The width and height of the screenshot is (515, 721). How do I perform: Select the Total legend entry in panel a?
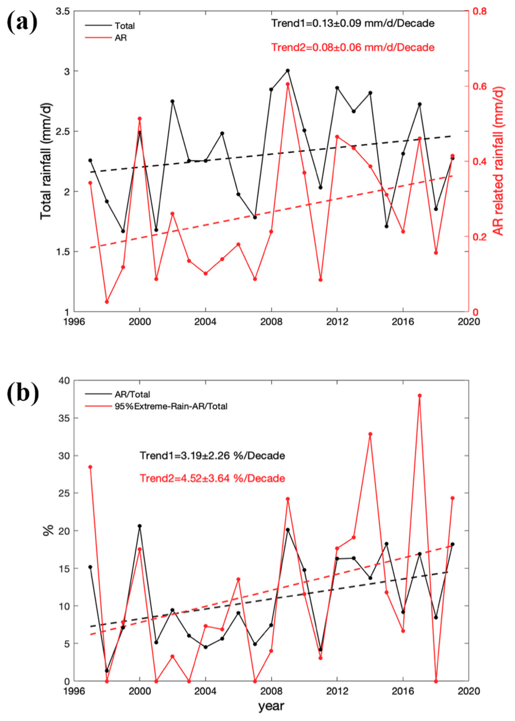click(125, 26)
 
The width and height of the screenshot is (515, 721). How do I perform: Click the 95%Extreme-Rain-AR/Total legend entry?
click(171, 406)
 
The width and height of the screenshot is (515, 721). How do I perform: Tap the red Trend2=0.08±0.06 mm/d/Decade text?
click(353, 47)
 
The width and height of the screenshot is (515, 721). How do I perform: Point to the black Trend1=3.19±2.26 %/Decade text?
click(212, 456)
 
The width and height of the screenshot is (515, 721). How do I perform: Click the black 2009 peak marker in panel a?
click(288, 70)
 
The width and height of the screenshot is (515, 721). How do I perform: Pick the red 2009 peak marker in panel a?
click(288, 84)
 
